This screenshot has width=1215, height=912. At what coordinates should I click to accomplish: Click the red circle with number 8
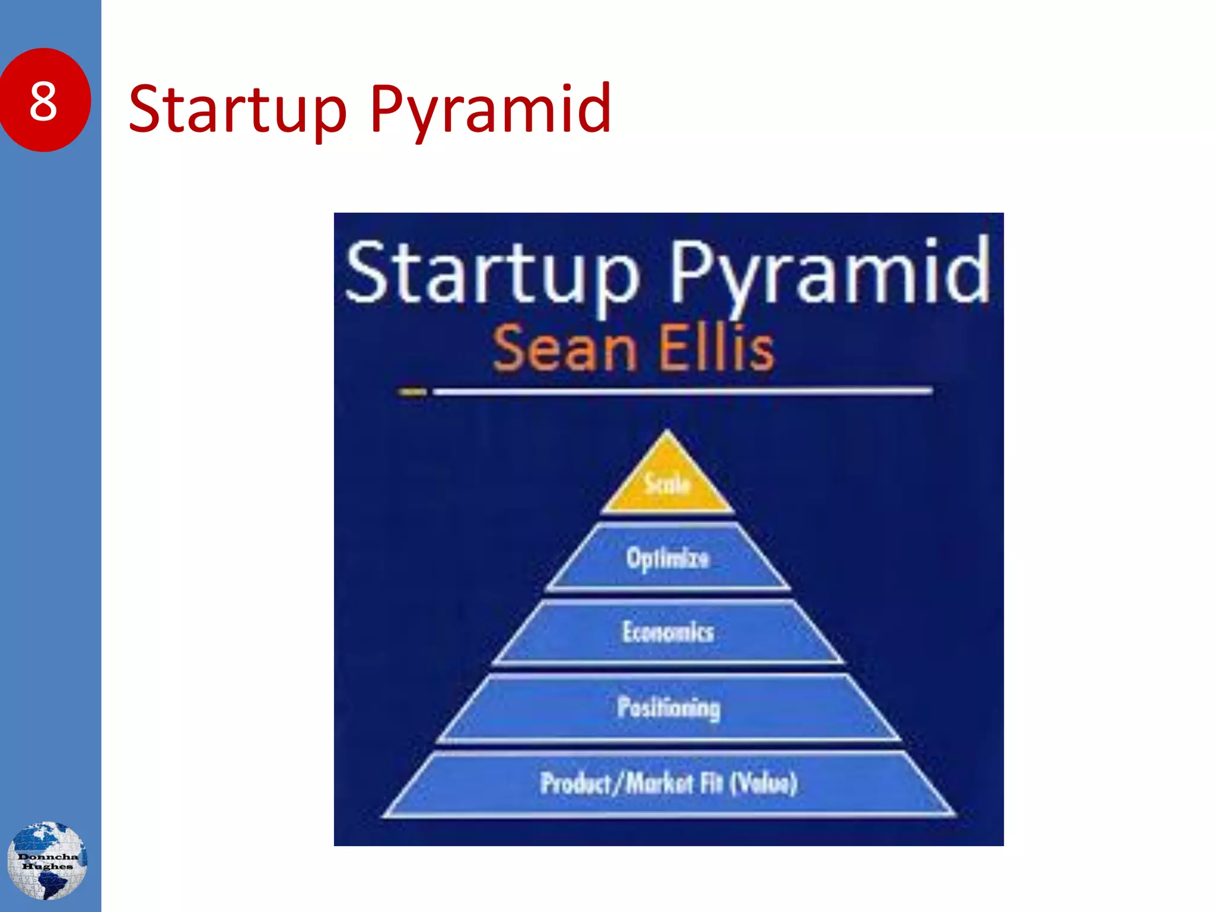44,100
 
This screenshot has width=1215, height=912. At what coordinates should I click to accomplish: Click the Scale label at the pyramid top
667,484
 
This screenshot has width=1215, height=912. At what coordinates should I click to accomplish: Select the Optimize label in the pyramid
667,558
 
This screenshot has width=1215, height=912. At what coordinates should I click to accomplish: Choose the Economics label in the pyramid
668,632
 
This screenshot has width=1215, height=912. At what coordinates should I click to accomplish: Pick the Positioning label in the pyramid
669,707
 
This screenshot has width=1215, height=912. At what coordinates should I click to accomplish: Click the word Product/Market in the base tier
616,783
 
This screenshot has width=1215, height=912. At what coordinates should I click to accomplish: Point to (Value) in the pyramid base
764,783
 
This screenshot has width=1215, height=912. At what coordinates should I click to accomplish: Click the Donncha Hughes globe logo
47,860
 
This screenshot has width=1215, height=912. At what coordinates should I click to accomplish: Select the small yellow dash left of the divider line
412,392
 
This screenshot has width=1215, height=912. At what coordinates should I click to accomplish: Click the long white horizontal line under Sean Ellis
682,391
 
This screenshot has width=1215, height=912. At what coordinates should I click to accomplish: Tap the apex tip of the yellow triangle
667,432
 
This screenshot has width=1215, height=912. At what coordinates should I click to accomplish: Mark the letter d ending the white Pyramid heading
970,270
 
